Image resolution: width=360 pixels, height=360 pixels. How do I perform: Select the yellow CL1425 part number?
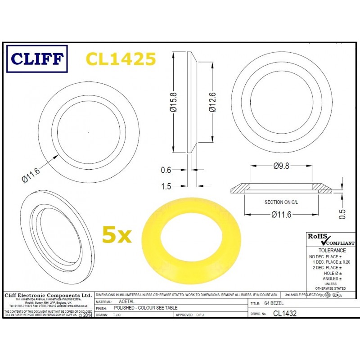[x=121, y=59]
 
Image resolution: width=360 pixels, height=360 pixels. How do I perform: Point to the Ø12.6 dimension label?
[x=211, y=103]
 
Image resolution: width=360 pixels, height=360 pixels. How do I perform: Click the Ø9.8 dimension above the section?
[x=281, y=166]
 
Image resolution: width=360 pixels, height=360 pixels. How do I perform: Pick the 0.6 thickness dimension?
[x=166, y=170]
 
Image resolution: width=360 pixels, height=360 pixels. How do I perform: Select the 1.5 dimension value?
[x=166, y=185]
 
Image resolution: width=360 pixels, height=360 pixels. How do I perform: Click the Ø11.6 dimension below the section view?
[x=281, y=215]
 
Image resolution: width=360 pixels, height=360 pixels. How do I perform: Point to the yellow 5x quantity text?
[x=116, y=234]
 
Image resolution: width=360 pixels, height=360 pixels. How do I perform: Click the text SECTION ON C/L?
[x=281, y=203]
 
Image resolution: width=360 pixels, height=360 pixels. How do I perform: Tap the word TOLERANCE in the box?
[x=332, y=250]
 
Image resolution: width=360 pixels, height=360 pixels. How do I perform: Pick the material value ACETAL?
[x=126, y=301]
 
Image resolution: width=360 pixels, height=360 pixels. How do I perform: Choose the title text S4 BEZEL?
[x=274, y=304]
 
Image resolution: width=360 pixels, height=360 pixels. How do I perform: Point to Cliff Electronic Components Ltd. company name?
[x=48, y=295]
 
